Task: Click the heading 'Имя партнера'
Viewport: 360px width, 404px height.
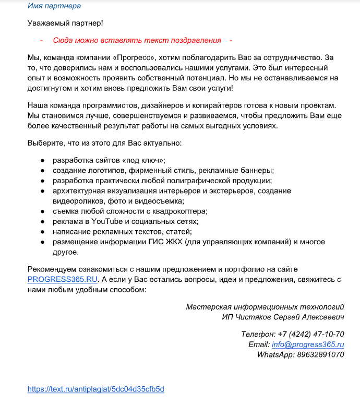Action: [54, 6]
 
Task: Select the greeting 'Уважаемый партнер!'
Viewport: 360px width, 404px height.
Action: [65, 23]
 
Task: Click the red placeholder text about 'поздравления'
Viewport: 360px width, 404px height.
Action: [137, 40]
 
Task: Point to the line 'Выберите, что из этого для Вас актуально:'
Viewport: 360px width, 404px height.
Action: [104, 143]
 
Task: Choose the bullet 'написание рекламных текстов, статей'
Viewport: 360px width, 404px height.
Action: [122, 231]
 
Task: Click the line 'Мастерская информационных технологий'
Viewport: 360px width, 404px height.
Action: [265, 307]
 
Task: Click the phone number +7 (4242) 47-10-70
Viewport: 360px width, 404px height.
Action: [311, 334]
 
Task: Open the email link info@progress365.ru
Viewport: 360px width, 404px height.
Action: [308, 344]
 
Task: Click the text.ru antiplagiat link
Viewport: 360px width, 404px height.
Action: [96, 389]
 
